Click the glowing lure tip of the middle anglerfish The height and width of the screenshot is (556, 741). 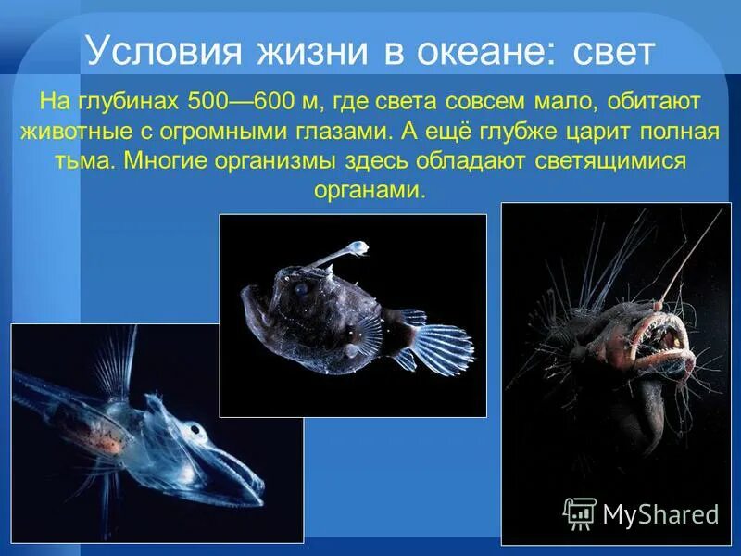pyautogui.click(x=357, y=248)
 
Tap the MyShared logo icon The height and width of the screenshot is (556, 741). pyautogui.click(x=580, y=512)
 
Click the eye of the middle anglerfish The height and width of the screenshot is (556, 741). pyautogui.click(x=302, y=289)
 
